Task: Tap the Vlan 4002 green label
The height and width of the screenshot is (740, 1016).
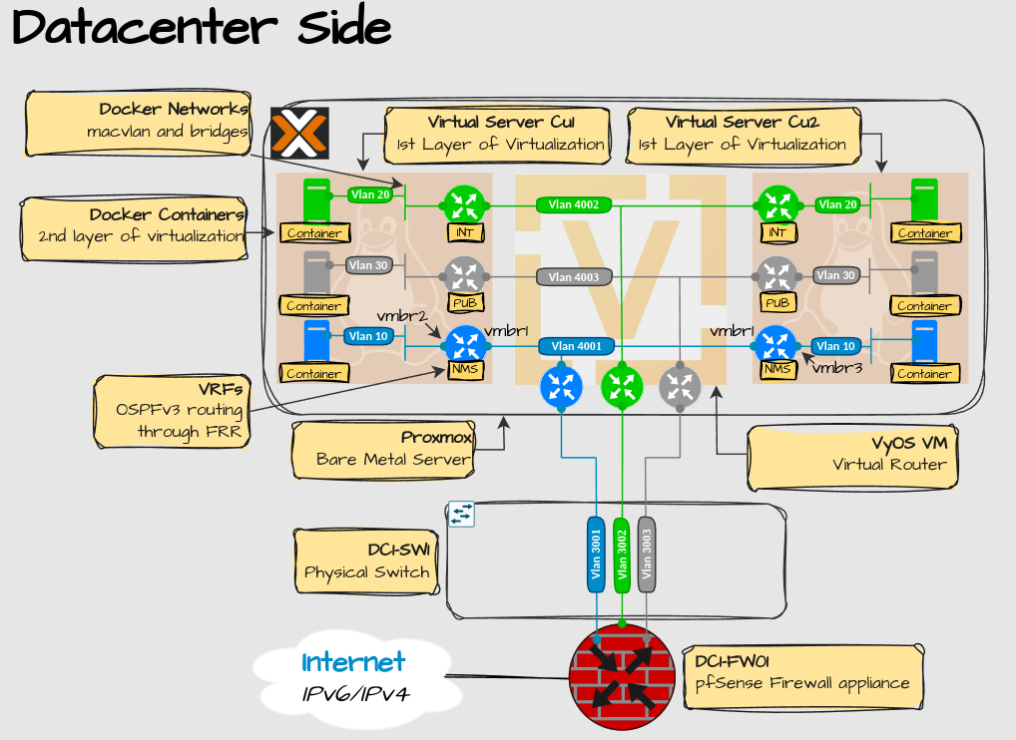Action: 574,204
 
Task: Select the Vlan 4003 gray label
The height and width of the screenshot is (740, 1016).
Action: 574,276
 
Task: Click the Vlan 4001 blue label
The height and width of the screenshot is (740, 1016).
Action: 576,347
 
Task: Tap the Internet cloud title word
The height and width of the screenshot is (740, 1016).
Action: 353,662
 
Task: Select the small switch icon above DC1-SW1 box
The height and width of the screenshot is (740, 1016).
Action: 461,514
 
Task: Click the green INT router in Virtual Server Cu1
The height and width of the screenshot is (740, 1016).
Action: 463,204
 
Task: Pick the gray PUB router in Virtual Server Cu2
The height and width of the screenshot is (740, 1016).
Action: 775,275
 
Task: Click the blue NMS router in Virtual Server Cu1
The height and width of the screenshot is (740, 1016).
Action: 465,345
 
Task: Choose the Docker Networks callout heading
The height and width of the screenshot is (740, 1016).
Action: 173,109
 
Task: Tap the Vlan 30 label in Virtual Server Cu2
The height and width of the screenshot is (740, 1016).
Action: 834,275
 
